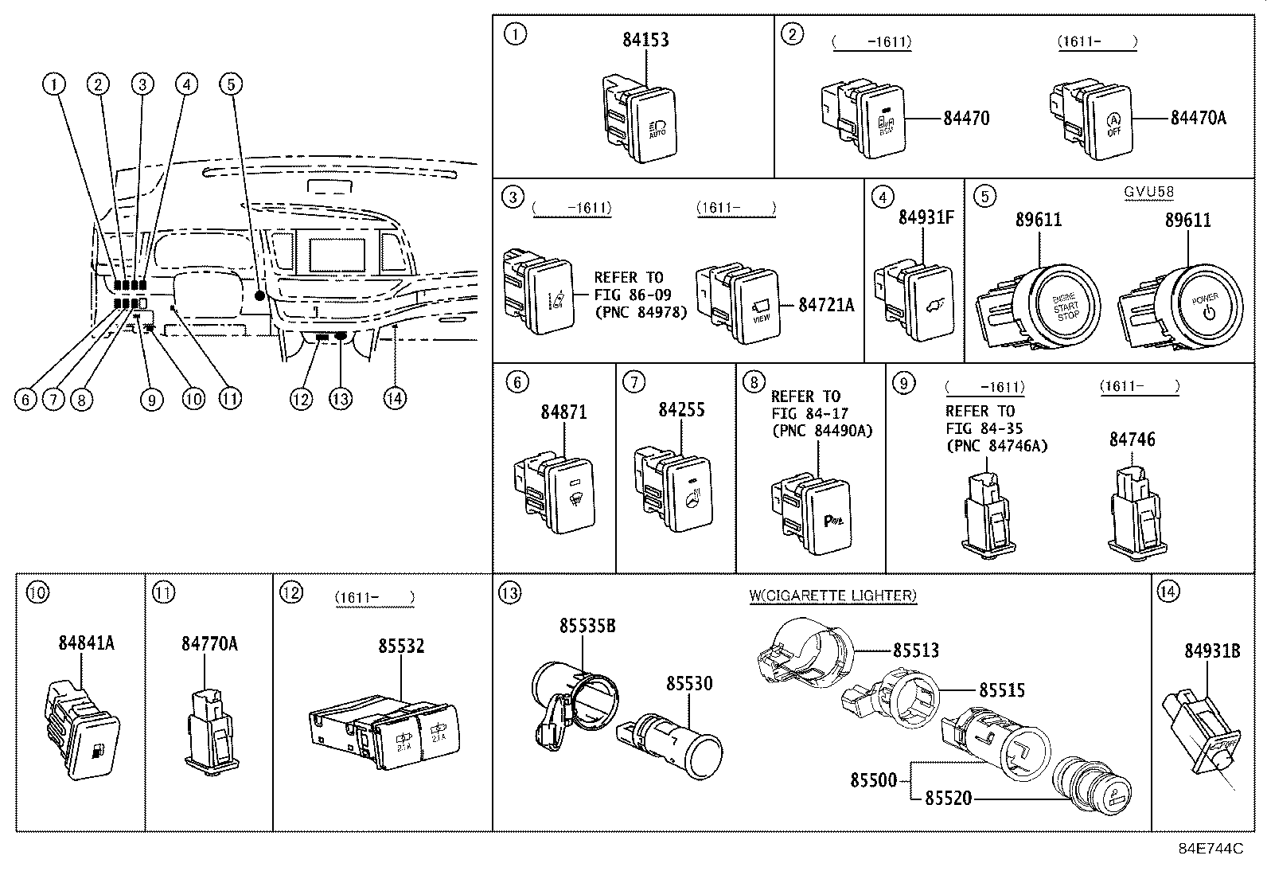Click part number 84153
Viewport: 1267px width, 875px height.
coord(645,39)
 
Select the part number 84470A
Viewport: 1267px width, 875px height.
coord(1198,119)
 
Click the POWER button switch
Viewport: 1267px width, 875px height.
coord(1204,307)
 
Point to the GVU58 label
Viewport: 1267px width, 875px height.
coord(1148,192)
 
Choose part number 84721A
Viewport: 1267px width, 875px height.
coord(826,305)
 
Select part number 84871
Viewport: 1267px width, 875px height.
coord(563,412)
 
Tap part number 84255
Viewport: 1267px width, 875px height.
coord(681,410)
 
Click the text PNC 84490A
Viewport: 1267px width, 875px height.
coord(822,431)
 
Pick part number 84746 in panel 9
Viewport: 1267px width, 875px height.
coord(1132,439)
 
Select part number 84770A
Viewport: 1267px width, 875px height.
coord(209,643)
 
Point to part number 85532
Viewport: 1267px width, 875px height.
coord(401,646)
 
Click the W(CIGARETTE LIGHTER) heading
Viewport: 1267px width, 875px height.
coord(833,596)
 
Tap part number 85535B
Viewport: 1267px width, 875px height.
coord(587,626)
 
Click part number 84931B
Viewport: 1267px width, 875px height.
coord(1212,650)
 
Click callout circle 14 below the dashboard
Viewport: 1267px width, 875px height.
coord(395,398)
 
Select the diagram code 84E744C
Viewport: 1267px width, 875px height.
coord(1210,849)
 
